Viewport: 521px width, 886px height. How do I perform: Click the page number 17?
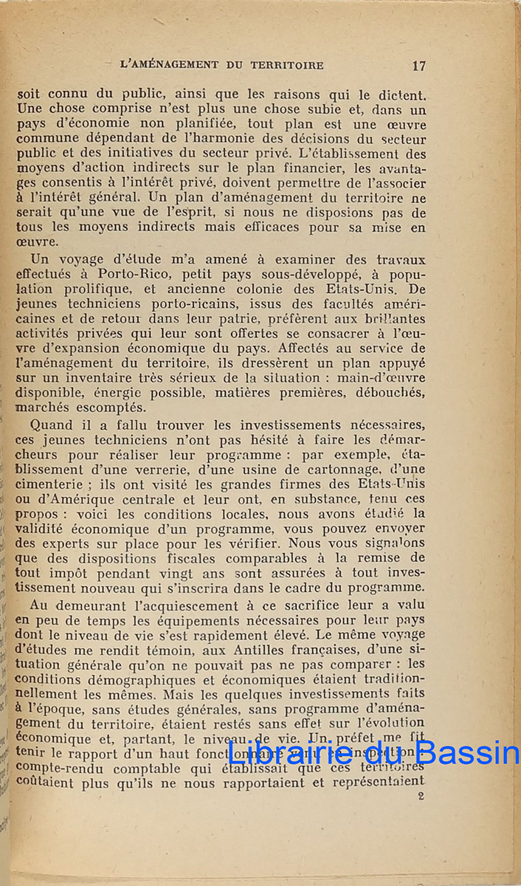(418, 66)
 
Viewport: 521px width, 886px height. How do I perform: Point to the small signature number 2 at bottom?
(421, 796)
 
